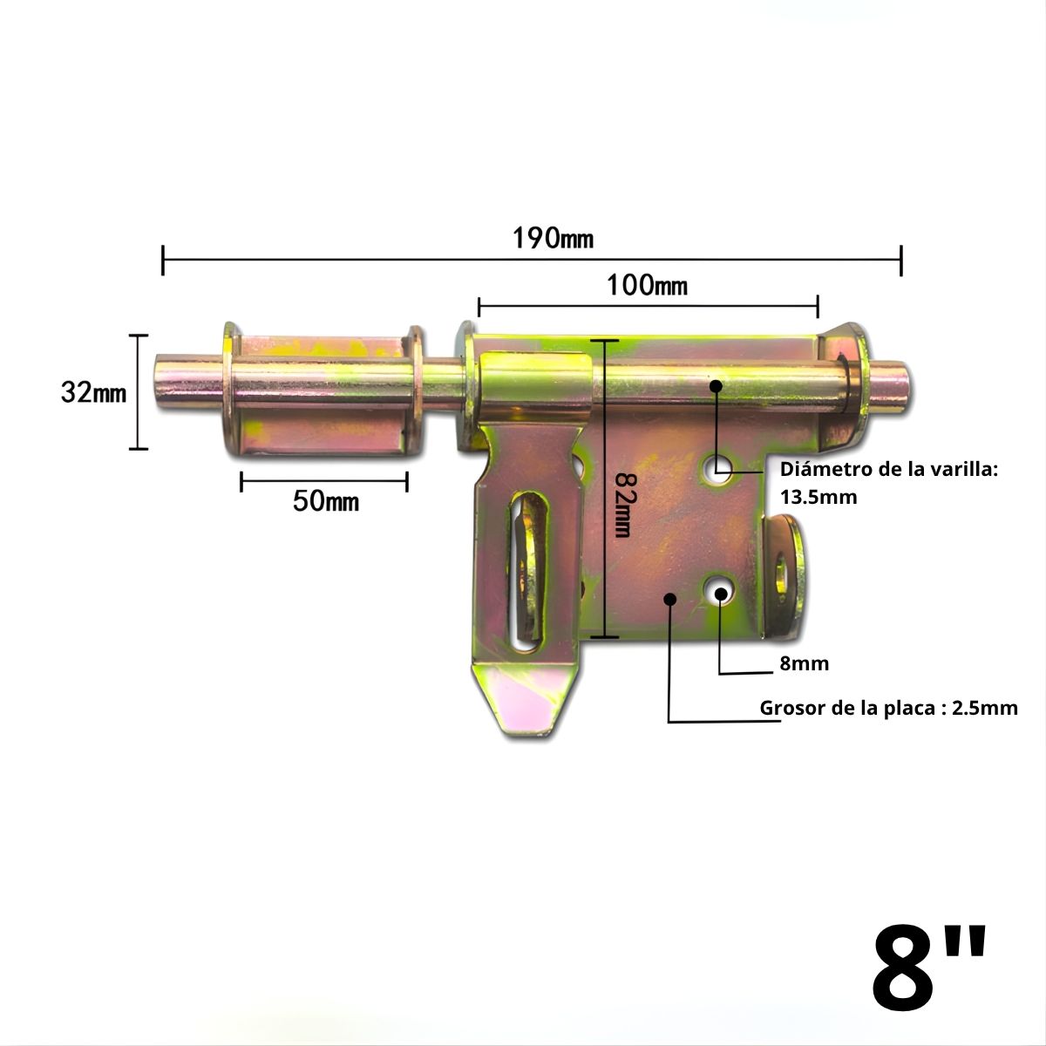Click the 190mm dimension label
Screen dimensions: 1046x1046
[x=554, y=237]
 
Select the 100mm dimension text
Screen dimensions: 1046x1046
[x=647, y=285]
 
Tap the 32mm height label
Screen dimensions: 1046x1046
[x=93, y=393]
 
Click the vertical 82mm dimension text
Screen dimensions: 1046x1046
[x=622, y=506]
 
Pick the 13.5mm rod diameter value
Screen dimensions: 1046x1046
[x=818, y=498]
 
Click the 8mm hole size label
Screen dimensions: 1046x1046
[x=804, y=664]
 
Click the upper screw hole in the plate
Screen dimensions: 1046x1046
[x=720, y=468]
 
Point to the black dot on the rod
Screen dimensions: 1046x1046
[x=717, y=384]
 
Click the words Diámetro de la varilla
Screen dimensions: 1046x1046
[x=888, y=470]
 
